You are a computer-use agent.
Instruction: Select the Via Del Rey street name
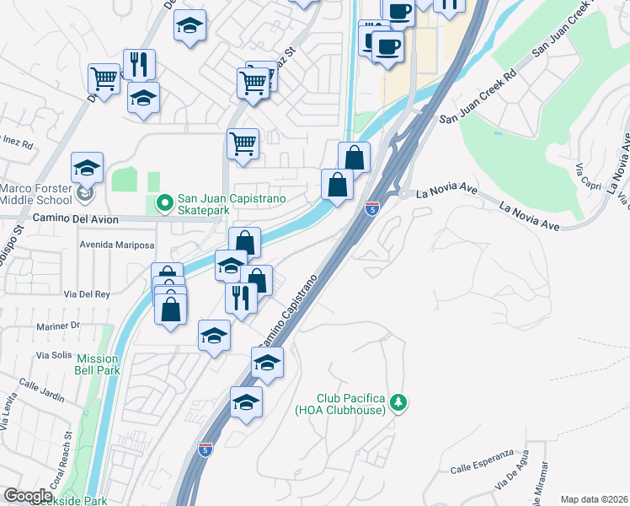87,294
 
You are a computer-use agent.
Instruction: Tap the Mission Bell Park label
97,364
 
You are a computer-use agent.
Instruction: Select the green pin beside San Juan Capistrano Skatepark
164,203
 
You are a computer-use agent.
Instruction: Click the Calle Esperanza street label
482,460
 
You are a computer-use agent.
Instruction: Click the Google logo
29,495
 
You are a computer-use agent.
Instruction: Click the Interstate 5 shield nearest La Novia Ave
371,206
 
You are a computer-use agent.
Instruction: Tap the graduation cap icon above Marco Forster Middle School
87,168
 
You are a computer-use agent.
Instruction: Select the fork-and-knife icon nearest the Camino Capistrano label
241,298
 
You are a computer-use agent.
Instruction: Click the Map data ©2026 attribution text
593,499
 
